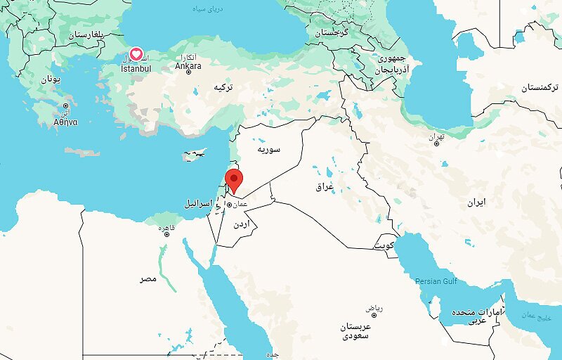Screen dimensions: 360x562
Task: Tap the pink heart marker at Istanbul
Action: (136, 55)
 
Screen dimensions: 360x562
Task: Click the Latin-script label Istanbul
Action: (136, 69)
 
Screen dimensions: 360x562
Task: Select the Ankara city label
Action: (188, 67)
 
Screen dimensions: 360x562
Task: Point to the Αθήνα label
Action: (65, 122)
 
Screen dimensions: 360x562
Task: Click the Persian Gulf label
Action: (436, 281)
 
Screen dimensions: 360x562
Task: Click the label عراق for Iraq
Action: (324, 187)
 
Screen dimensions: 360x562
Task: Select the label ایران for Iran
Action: (476, 202)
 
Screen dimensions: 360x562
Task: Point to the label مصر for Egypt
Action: (148, 279)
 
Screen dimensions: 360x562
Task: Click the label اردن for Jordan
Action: (238, 224)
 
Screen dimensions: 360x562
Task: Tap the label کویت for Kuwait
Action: (384, 245)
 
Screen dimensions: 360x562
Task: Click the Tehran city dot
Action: (436, 143)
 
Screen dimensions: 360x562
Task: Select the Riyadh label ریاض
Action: (374, 309)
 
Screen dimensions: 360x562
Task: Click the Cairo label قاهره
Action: (166, 228)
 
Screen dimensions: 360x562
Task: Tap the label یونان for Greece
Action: (51, 79)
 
